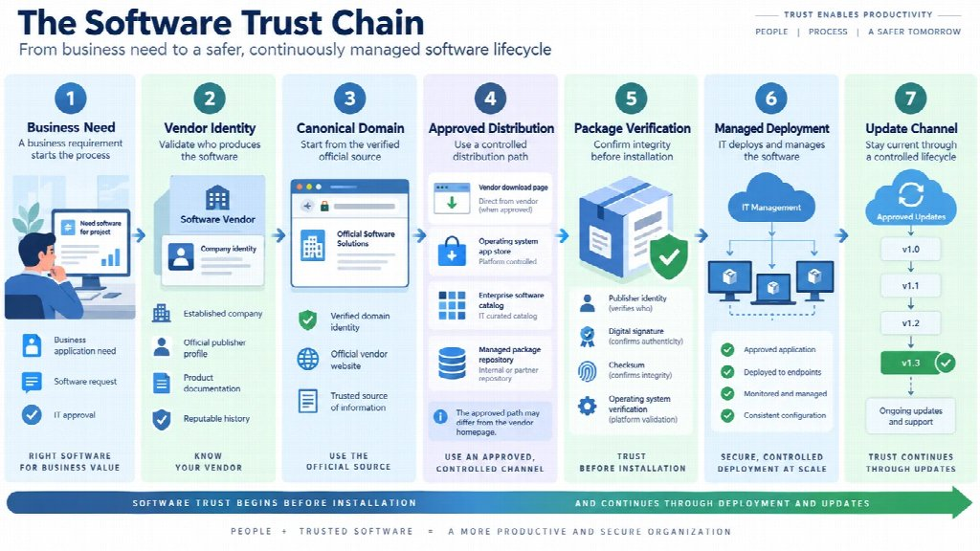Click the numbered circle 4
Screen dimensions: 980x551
[490, 99]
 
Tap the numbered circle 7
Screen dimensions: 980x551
[911, 99]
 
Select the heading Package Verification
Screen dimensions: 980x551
[632, 129]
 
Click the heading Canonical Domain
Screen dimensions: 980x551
[350, 128]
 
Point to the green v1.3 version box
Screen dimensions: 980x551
[911, 363]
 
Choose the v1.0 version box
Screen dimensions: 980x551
[911, 250]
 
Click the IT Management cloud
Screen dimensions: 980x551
[771, 199]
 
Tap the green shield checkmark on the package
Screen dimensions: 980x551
[669, 256]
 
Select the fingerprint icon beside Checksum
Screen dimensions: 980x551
[587, 370]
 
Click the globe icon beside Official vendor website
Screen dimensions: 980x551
[307, 360]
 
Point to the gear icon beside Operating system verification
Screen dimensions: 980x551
[587, 406]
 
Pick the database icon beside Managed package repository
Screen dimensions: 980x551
[452, 364]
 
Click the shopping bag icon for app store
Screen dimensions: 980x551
[452, 252]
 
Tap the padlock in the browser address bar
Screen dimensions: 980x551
[324, 206]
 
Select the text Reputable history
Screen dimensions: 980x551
[216, 419]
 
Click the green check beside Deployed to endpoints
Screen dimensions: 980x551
[727, 372]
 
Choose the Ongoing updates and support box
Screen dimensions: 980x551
[911, 416]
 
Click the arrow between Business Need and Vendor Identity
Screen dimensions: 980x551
[140, 235]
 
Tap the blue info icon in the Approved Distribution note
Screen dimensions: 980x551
[440, 417]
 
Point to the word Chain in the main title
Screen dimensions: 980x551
[377, 23]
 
